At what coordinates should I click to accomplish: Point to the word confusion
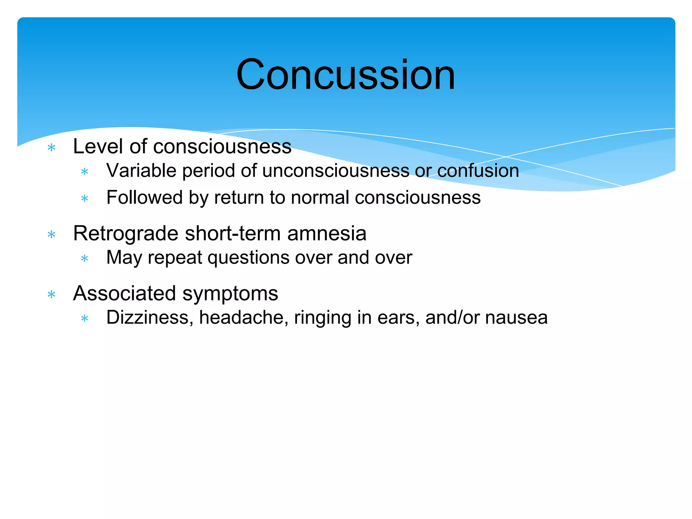pyautogui.click(x=478, y=171)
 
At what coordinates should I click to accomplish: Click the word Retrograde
pyautogui.click(x=126, y=234)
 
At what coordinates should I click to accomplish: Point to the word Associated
pyautogui.click(x=124, y=293)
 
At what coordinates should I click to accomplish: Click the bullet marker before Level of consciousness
pyautogui.click(x=51, y=148)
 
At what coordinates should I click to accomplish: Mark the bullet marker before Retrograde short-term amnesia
pyautogui.click(x=51, y=234)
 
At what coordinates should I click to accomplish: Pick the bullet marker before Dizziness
pyautogui.click(x=84, y=319)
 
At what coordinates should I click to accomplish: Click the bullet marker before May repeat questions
pyautogui.click(x=84, y=259)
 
